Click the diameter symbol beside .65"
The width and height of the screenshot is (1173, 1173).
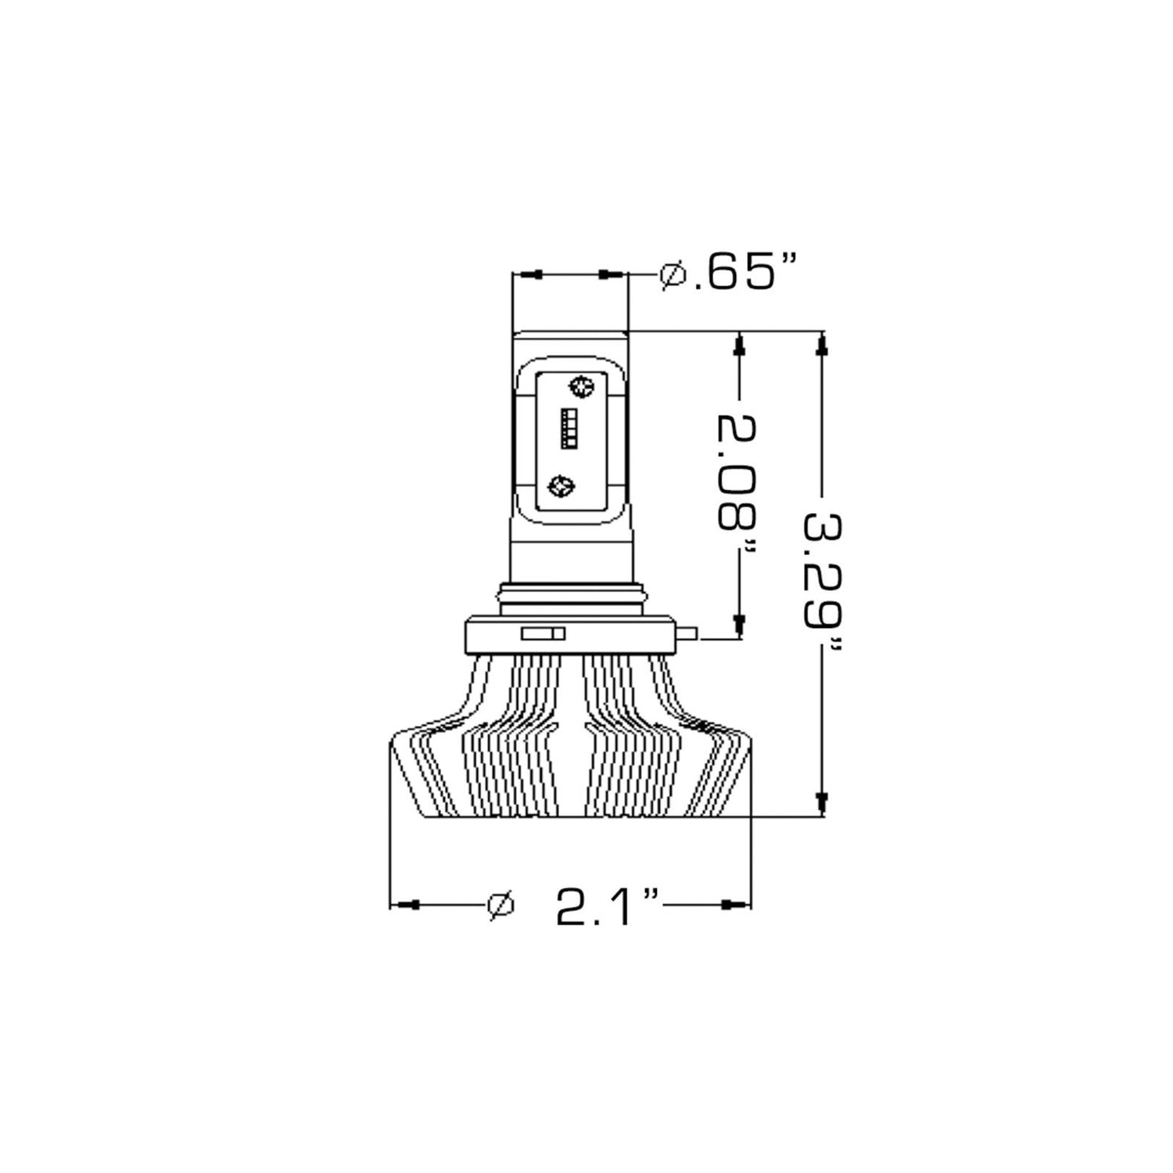click(x=672, y=274)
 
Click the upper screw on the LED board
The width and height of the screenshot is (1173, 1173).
click(x=581, y=385)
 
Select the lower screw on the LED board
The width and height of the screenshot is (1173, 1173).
click(x=561, y=486)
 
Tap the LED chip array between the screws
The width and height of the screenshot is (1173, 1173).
click(x=569, y=429)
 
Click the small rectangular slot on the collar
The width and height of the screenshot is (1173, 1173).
click(x=543, y=633)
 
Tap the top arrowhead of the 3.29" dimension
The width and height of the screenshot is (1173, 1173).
click(x=821, y=346)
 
